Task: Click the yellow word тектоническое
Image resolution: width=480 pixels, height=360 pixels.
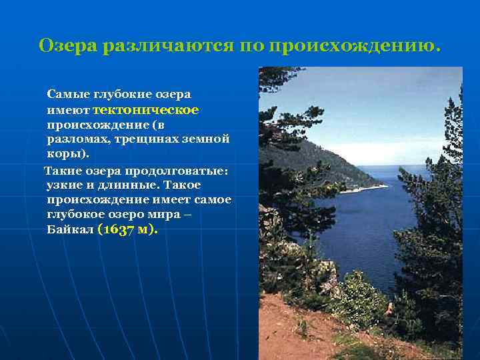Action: click(x=146, y=110)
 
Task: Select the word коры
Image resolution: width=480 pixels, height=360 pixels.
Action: click(x=64, y=154)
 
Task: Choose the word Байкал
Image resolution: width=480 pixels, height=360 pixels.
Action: click(x=70, y=230)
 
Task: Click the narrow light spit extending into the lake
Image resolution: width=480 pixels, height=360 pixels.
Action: click(x=364, y=189)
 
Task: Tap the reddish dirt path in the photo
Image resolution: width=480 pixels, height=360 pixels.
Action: click(x=300, y=333)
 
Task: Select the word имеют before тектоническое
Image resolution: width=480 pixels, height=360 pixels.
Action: click(x=68, y=110)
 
